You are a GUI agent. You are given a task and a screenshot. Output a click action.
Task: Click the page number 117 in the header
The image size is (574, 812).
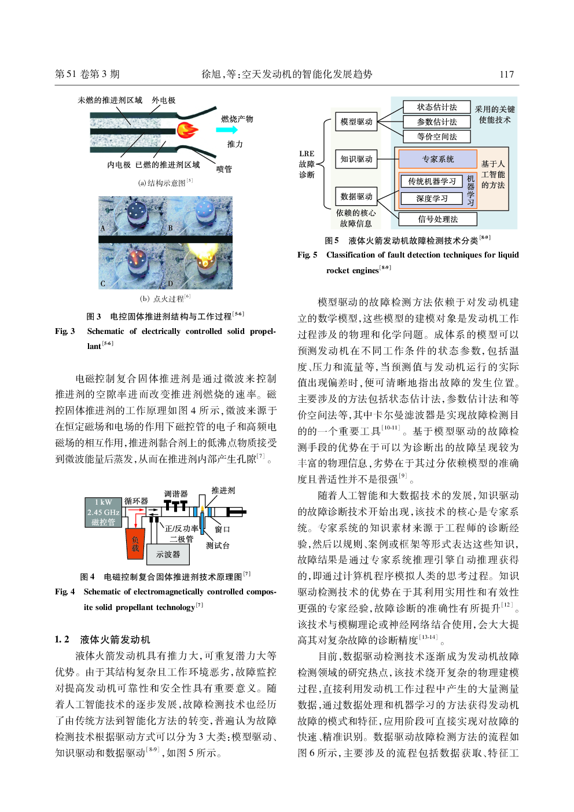[x=506, y=74]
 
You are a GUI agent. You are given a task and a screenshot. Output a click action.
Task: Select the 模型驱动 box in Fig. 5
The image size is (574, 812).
[x=356, y=122]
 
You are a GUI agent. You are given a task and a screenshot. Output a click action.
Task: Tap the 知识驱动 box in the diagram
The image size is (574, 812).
[x=356, y=159]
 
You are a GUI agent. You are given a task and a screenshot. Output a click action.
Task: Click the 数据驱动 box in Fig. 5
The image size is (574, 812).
[x=356, y=196]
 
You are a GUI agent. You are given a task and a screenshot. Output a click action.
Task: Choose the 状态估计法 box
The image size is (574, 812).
[x=437, y=107]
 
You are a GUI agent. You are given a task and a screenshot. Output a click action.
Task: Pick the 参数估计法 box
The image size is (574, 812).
[x=437, y=122]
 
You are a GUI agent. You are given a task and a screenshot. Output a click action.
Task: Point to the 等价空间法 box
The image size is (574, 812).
[x=437, y=137]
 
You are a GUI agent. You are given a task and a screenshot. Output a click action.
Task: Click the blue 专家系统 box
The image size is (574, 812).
[x=438, y=159]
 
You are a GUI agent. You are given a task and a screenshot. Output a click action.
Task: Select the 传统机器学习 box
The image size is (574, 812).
[x=432, y=181]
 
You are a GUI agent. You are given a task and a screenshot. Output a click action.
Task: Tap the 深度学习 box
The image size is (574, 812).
[x=432, y=199]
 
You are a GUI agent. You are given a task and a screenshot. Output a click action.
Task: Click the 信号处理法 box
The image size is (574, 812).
[x=438, y=219]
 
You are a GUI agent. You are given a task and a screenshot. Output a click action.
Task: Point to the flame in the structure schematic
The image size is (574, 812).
[x=187, y=130]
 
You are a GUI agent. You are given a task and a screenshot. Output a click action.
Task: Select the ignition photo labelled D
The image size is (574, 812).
[x=199, y=266]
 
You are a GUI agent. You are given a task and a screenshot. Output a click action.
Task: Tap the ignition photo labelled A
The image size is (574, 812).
[x=133, y=215]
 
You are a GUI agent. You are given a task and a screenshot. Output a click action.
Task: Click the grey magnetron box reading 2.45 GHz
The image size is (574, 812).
[x=104, y=512]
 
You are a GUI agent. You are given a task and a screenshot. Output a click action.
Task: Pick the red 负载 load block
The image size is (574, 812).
[x=135, y=543]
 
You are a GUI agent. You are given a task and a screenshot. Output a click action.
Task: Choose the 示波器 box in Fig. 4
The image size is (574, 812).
[x=168, y=554]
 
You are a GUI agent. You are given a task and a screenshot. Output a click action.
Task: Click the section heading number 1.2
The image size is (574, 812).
[x=62, y=640]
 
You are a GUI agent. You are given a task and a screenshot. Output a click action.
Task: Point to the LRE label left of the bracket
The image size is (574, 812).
[x=307, y=154]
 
